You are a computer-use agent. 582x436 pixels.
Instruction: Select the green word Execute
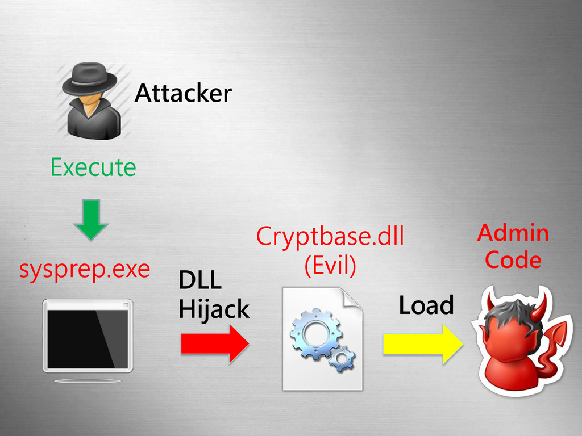[x=93, y=167]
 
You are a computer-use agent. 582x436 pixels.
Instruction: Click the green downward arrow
[x=91, y=219]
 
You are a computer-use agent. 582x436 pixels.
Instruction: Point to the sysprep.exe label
[x=84, y=270]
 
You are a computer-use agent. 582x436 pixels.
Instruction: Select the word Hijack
[x=213, y=310]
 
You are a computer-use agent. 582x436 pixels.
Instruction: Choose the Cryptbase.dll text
[x=330, y=236]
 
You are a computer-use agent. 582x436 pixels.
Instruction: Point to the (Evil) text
[x=330, y=266]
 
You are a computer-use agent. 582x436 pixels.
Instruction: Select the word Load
[x=426, y=305]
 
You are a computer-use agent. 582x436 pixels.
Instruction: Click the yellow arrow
[x=421, y=344]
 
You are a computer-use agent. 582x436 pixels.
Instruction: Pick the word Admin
[x=513, y=233]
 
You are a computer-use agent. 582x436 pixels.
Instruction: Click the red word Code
[x=513, y=260]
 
